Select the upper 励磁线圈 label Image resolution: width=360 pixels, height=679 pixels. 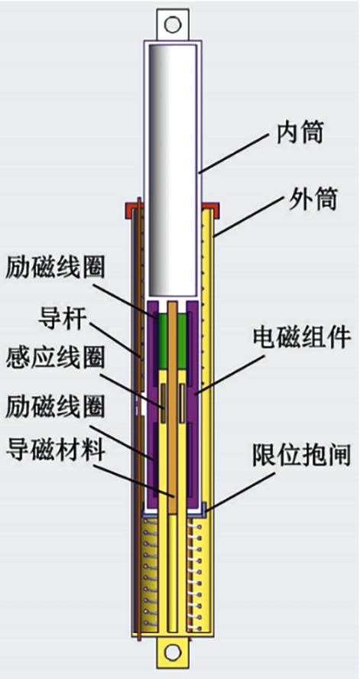point(55,270)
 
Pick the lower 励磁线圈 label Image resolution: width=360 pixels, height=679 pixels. point(55,408)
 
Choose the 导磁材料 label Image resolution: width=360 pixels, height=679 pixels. point(55,451)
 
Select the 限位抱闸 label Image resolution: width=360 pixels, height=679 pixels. point(301,456)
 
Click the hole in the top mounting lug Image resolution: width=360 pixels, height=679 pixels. point(173,24)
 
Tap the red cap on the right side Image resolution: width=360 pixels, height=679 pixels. point(210,210)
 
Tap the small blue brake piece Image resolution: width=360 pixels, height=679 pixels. point(204,509)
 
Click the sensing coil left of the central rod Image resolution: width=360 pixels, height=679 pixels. point(164,403)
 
